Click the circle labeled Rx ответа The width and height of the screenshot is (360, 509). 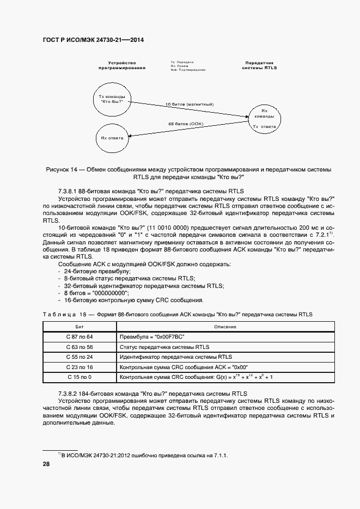(x=112, y=138)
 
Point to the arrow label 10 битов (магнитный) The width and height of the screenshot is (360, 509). (x=189, y=104)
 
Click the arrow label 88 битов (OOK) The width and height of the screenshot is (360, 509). (x=186, y=124)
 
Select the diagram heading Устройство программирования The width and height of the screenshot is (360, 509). (x=121, y=65)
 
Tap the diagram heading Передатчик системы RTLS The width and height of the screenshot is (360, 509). (x=259, y=65)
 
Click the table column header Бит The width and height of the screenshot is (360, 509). (x=80, y=326)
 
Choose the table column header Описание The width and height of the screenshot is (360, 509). (x=214, y=326)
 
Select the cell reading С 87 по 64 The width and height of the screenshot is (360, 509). (x=80, y=337)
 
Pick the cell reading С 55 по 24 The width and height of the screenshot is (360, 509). (x=80, y=357)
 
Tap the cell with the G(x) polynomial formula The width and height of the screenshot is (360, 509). (x=196, y=377)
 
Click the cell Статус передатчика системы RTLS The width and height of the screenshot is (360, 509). (x=164, y=347)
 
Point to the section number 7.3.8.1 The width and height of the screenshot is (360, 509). (x=68, y=192)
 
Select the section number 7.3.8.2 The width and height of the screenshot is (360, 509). (x=68, y=393)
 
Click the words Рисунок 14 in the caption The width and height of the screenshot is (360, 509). (x=61, y=170)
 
